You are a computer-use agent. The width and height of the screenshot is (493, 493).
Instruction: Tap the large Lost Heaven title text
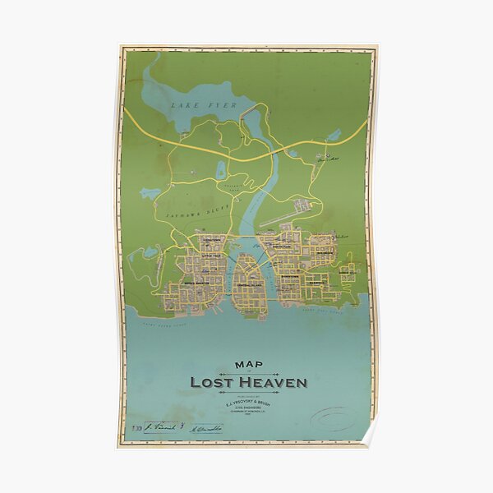click(x=247, y=382)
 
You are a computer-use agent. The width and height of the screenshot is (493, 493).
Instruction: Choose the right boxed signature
click(x=201, y=427)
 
